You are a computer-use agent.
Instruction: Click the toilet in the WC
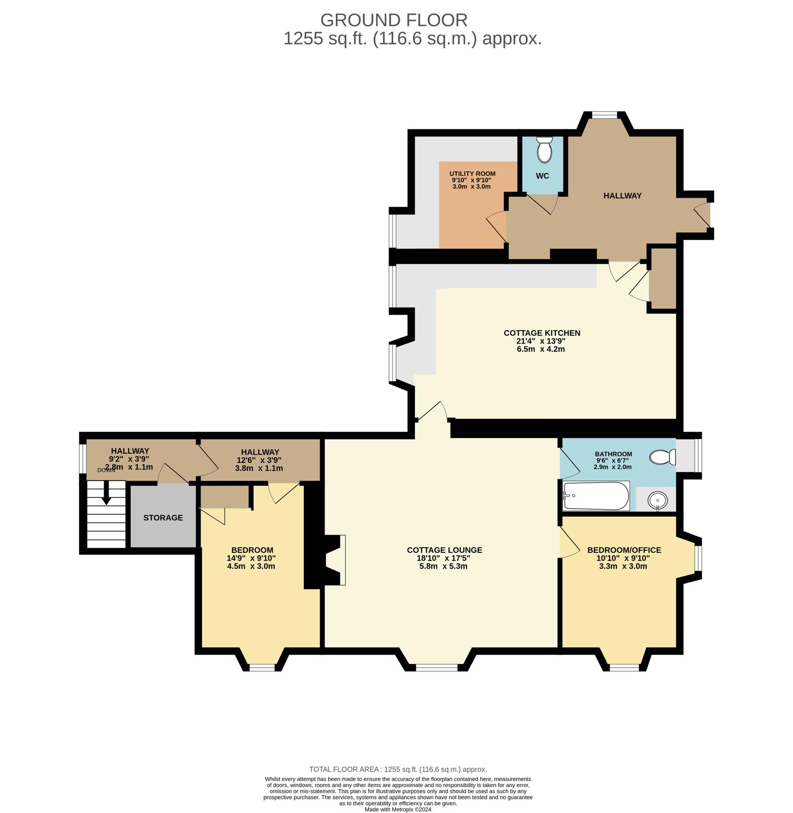[544, 149]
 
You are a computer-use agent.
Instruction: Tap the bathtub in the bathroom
[596, 495]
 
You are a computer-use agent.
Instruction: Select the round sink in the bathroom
[657, 501]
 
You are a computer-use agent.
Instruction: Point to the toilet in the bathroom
[662, 457]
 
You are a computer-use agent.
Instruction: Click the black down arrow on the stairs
[106, 493]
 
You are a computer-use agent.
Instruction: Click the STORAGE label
[163, 518]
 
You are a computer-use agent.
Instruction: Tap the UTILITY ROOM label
[472, 174]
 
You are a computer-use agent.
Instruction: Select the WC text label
[543, 176]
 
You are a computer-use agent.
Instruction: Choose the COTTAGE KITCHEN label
[542, 333]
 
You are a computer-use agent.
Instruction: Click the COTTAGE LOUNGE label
[445, 550]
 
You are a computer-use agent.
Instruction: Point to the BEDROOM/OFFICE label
[624, 550]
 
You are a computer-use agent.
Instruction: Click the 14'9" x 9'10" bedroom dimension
[251, 558]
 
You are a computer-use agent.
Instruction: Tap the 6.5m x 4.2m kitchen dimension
[541, 350]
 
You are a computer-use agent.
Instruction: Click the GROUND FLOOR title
[394, 20]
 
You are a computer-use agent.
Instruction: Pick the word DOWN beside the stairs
[106, 471]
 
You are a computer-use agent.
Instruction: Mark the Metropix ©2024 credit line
[398, 809]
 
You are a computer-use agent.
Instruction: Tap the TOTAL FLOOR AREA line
[398, 769]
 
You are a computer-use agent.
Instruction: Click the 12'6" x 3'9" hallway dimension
[259, 460]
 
